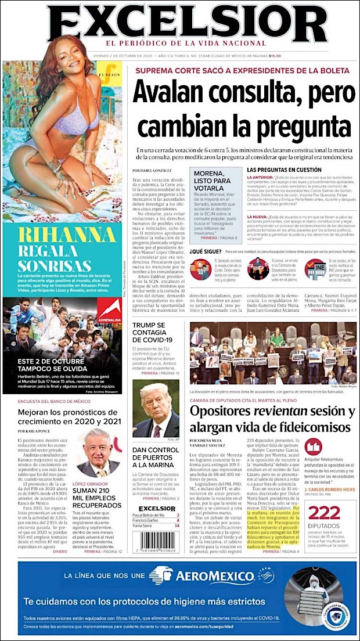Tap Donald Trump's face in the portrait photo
tap(156, 404)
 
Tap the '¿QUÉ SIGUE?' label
tap(205, 251)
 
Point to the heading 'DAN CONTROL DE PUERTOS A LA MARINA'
tap(154, 456)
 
